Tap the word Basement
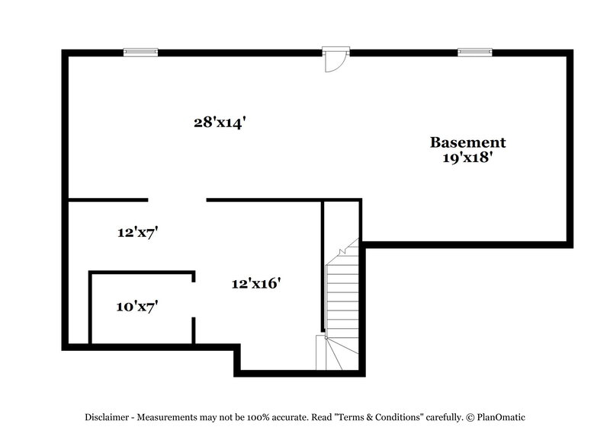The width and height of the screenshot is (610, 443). point(467,142)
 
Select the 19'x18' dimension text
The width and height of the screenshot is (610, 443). point(467,159)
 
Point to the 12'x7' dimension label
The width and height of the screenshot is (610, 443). point(137,233)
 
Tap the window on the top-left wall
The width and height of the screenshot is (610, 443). point(140,52)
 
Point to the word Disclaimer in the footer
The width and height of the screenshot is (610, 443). point(106,417)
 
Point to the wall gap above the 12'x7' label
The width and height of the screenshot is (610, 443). point(177,200)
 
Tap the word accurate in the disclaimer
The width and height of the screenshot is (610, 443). point(295,417)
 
